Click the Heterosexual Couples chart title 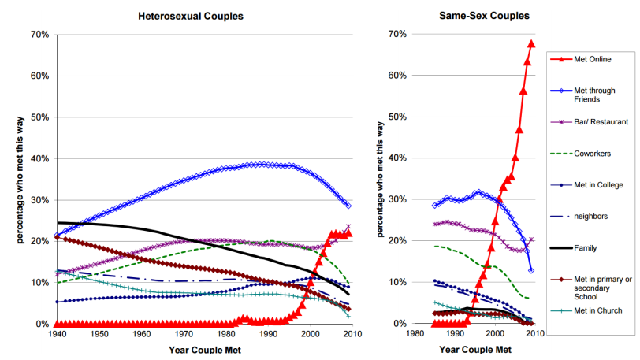(x=191, y=16)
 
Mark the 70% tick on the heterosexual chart (x=39, y=35)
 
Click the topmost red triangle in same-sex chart (x=531, y=43)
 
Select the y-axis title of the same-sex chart (x=382, y=179)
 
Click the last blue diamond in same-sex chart (x=531, y=270)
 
